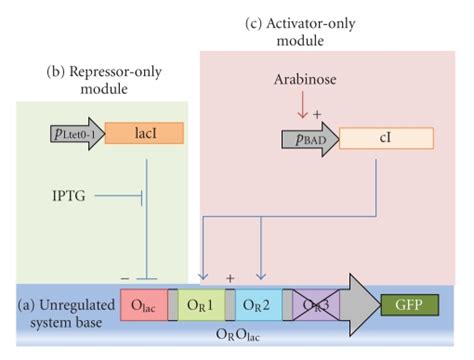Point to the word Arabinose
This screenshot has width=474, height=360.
[305, 78]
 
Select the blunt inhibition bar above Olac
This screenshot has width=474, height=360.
[147, 278]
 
